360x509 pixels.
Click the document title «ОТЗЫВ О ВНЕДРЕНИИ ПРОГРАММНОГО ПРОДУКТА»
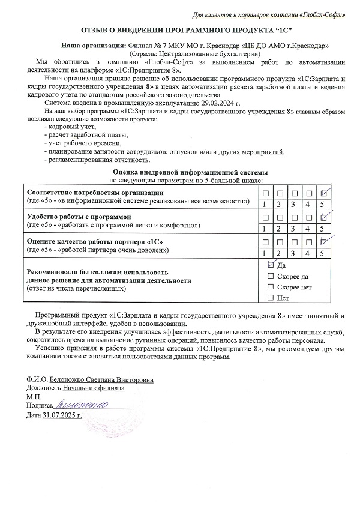tap(180, 29)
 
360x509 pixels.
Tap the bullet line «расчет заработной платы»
tap(80, 136)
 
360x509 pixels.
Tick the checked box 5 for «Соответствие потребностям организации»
tap(325, 193)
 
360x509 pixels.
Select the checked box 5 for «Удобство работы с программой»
tap(325, 217)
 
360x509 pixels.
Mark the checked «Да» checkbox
tap(271, 265)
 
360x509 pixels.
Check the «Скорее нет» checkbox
tap(271, 287)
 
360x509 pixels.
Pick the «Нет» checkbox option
tap(271, 298)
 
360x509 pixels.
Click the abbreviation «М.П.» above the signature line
tap(34, 397)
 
